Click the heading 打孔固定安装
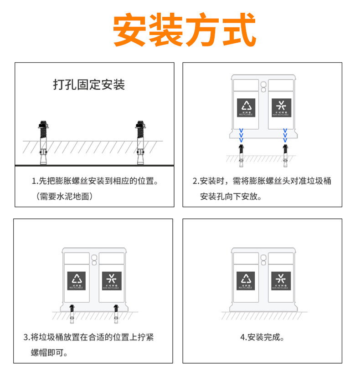point(89,85)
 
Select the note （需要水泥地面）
point(64,197)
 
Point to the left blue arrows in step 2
point(242,135)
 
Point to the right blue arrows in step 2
point(285,135)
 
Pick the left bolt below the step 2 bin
point(242,152)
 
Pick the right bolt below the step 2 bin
point(285,152)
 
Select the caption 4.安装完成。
point(262,338)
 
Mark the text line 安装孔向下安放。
point(231,197)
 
